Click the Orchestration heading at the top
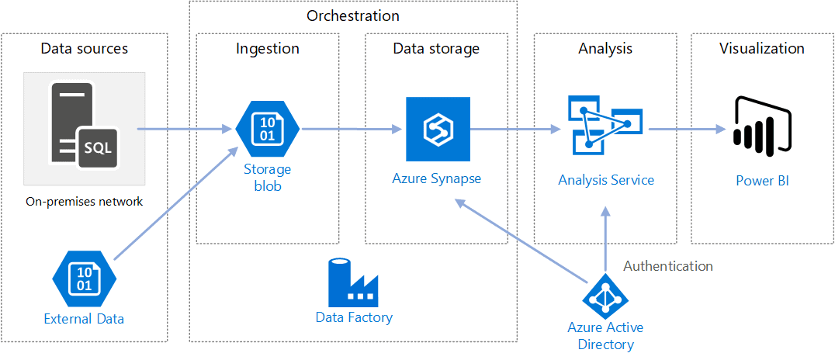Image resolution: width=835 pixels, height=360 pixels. click(x=353, y=16)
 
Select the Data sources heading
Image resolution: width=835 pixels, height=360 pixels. click(x=84, y=49)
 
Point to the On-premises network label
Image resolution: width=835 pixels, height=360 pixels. click(x=84, y=202)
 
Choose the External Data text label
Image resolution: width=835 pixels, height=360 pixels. click(x=84, y=318)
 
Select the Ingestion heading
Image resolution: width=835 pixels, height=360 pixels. click(x=267, y=49)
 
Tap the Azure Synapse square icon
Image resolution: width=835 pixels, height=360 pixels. click(x=437, y=129)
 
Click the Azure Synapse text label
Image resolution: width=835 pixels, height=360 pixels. click(x=436, y=178)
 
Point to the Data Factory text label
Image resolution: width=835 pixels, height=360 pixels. click(x=354, y=317)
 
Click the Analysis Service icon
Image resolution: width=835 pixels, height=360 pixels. click(x=605, y=123)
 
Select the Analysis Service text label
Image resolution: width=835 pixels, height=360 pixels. click(x=606, y=180)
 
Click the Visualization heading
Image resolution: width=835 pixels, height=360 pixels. click(x=761, y=49)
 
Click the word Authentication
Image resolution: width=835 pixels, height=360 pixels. click(x=668, y=266)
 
